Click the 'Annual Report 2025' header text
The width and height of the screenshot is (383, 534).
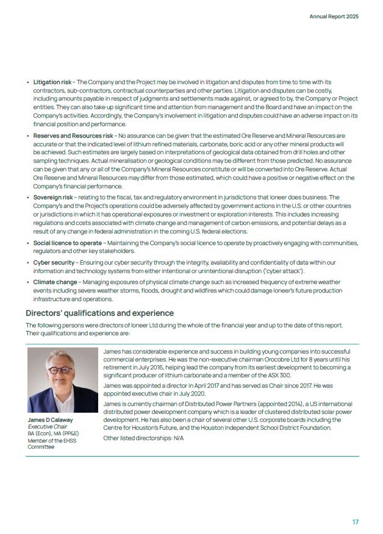click(x=334, y=16)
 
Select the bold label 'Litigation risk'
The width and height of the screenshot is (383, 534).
click(x=52, y=82)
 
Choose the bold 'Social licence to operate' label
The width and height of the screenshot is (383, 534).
click(x=68, y=243)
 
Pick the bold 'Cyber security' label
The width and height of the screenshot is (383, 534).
click(x=53, y=263)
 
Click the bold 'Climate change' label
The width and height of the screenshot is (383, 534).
click(x=55, y=282)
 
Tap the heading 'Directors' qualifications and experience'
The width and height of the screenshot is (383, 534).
click(x=99, y=313)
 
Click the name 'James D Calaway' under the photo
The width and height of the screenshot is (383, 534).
click(x=50, y=421)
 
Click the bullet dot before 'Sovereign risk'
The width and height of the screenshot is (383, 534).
click(x=28, y=198)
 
